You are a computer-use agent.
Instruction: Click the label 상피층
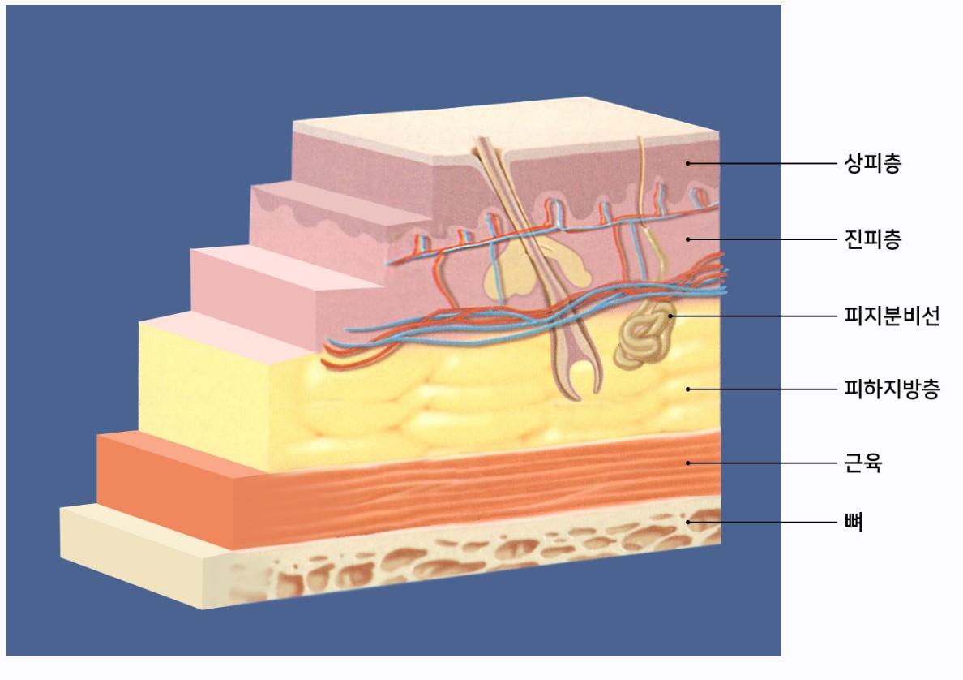[873, 164]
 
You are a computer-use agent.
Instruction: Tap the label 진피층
[873, 239]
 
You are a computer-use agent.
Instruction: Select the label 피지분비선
[892, 316]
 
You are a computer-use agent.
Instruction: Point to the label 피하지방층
[892, 389]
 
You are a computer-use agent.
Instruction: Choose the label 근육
[863, 463]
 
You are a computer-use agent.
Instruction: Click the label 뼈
[854, 522]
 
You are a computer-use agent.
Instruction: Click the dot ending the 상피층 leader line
[688, 164]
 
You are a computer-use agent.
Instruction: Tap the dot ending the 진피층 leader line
[688, 239]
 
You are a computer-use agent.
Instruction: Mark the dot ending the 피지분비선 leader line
[670, 316]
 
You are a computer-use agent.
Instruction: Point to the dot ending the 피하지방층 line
[688, 389]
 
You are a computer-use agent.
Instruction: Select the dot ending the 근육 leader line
[688, 463]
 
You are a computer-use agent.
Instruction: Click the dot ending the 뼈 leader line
[688, 522]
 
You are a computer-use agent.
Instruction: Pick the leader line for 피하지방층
[763, 389]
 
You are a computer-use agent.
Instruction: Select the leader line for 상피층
[763, 164]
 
